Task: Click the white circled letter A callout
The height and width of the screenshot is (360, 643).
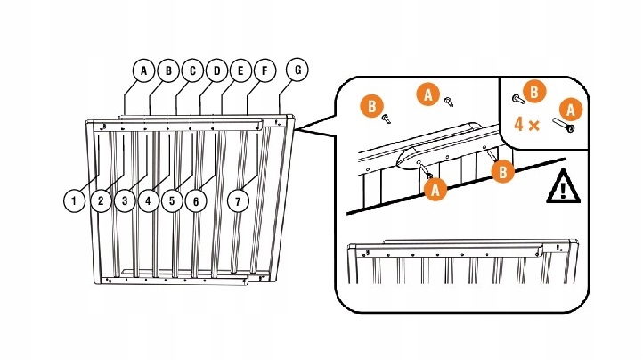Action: coord(142,70)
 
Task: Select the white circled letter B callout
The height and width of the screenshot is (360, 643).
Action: coord(167,70)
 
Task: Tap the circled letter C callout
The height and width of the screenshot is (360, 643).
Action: coord(191,70)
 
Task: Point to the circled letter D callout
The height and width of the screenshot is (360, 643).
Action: coord(216,70)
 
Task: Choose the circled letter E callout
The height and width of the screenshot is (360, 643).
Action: coord(239,70)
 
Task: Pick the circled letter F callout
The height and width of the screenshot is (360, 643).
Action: coord(263,70)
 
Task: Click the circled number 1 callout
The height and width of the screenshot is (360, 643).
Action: coord(77,200)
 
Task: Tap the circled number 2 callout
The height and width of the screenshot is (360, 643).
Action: coord(101,200)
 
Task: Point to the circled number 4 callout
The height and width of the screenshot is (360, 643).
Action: coord(149,200)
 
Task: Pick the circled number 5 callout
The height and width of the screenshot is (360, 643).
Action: coord(172,200)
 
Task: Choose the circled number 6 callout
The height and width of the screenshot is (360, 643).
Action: coord(196,200)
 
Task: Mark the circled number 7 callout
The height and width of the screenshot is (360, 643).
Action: coord(238,200)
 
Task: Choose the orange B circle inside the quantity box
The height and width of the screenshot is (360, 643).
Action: coord(533,91)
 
